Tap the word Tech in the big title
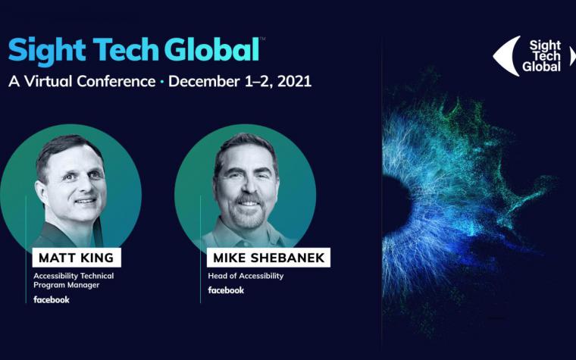click(x=126, y=49)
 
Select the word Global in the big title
click(x=212, y=49)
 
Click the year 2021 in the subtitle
click(x=294, y=81)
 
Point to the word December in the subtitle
click(x=204, y=81)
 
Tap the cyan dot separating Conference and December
click(x=161, y=82)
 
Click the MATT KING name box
click(x=77, y=258)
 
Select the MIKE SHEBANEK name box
click(x=268, y=258)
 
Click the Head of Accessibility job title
click(x=246, y=276)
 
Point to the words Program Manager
click(x=67, y=285)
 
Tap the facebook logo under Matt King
click(x=52, y=300)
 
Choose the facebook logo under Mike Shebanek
click(x=226, y=290)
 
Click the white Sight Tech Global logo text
click(x=542, y=56)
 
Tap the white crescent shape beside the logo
click(x=507, y=56)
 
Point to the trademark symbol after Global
click(x=262, y=38)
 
